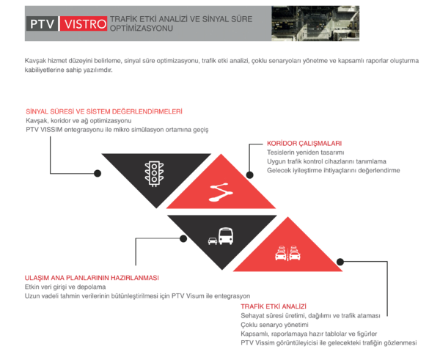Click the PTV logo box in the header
tap(43, 23)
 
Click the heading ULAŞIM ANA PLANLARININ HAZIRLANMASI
tap(92, 278)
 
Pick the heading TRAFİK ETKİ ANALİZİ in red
tap(268, 306)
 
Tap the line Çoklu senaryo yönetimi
tap(274, 324)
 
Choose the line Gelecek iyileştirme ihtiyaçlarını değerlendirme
tap(334, 170)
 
